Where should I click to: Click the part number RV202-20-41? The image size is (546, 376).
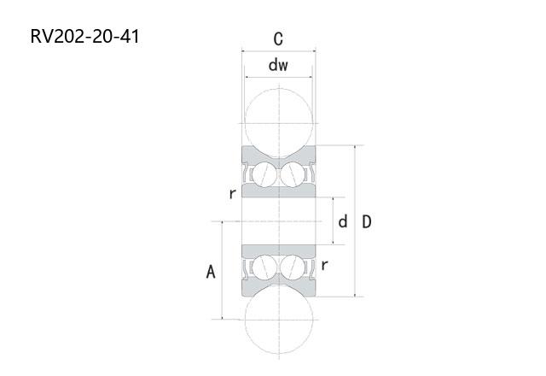pyautogui.click(x=85, y=36)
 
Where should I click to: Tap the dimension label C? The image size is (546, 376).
pyautogui.click(x=278, y=39)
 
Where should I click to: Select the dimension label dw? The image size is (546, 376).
pyautogui.click(x=278, y=65)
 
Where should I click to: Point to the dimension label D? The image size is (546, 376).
pyautogui.click(x=367, y=222)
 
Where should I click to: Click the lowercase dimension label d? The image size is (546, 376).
pyautogui.click(x=343, y=221)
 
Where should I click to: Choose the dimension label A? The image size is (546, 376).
pyautogui.click(x=211, y=272)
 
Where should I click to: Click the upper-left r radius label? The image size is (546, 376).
pyautogui.click(x=233, y=194)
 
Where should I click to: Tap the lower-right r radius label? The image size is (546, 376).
pyautogui.click(x=324, y=265)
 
